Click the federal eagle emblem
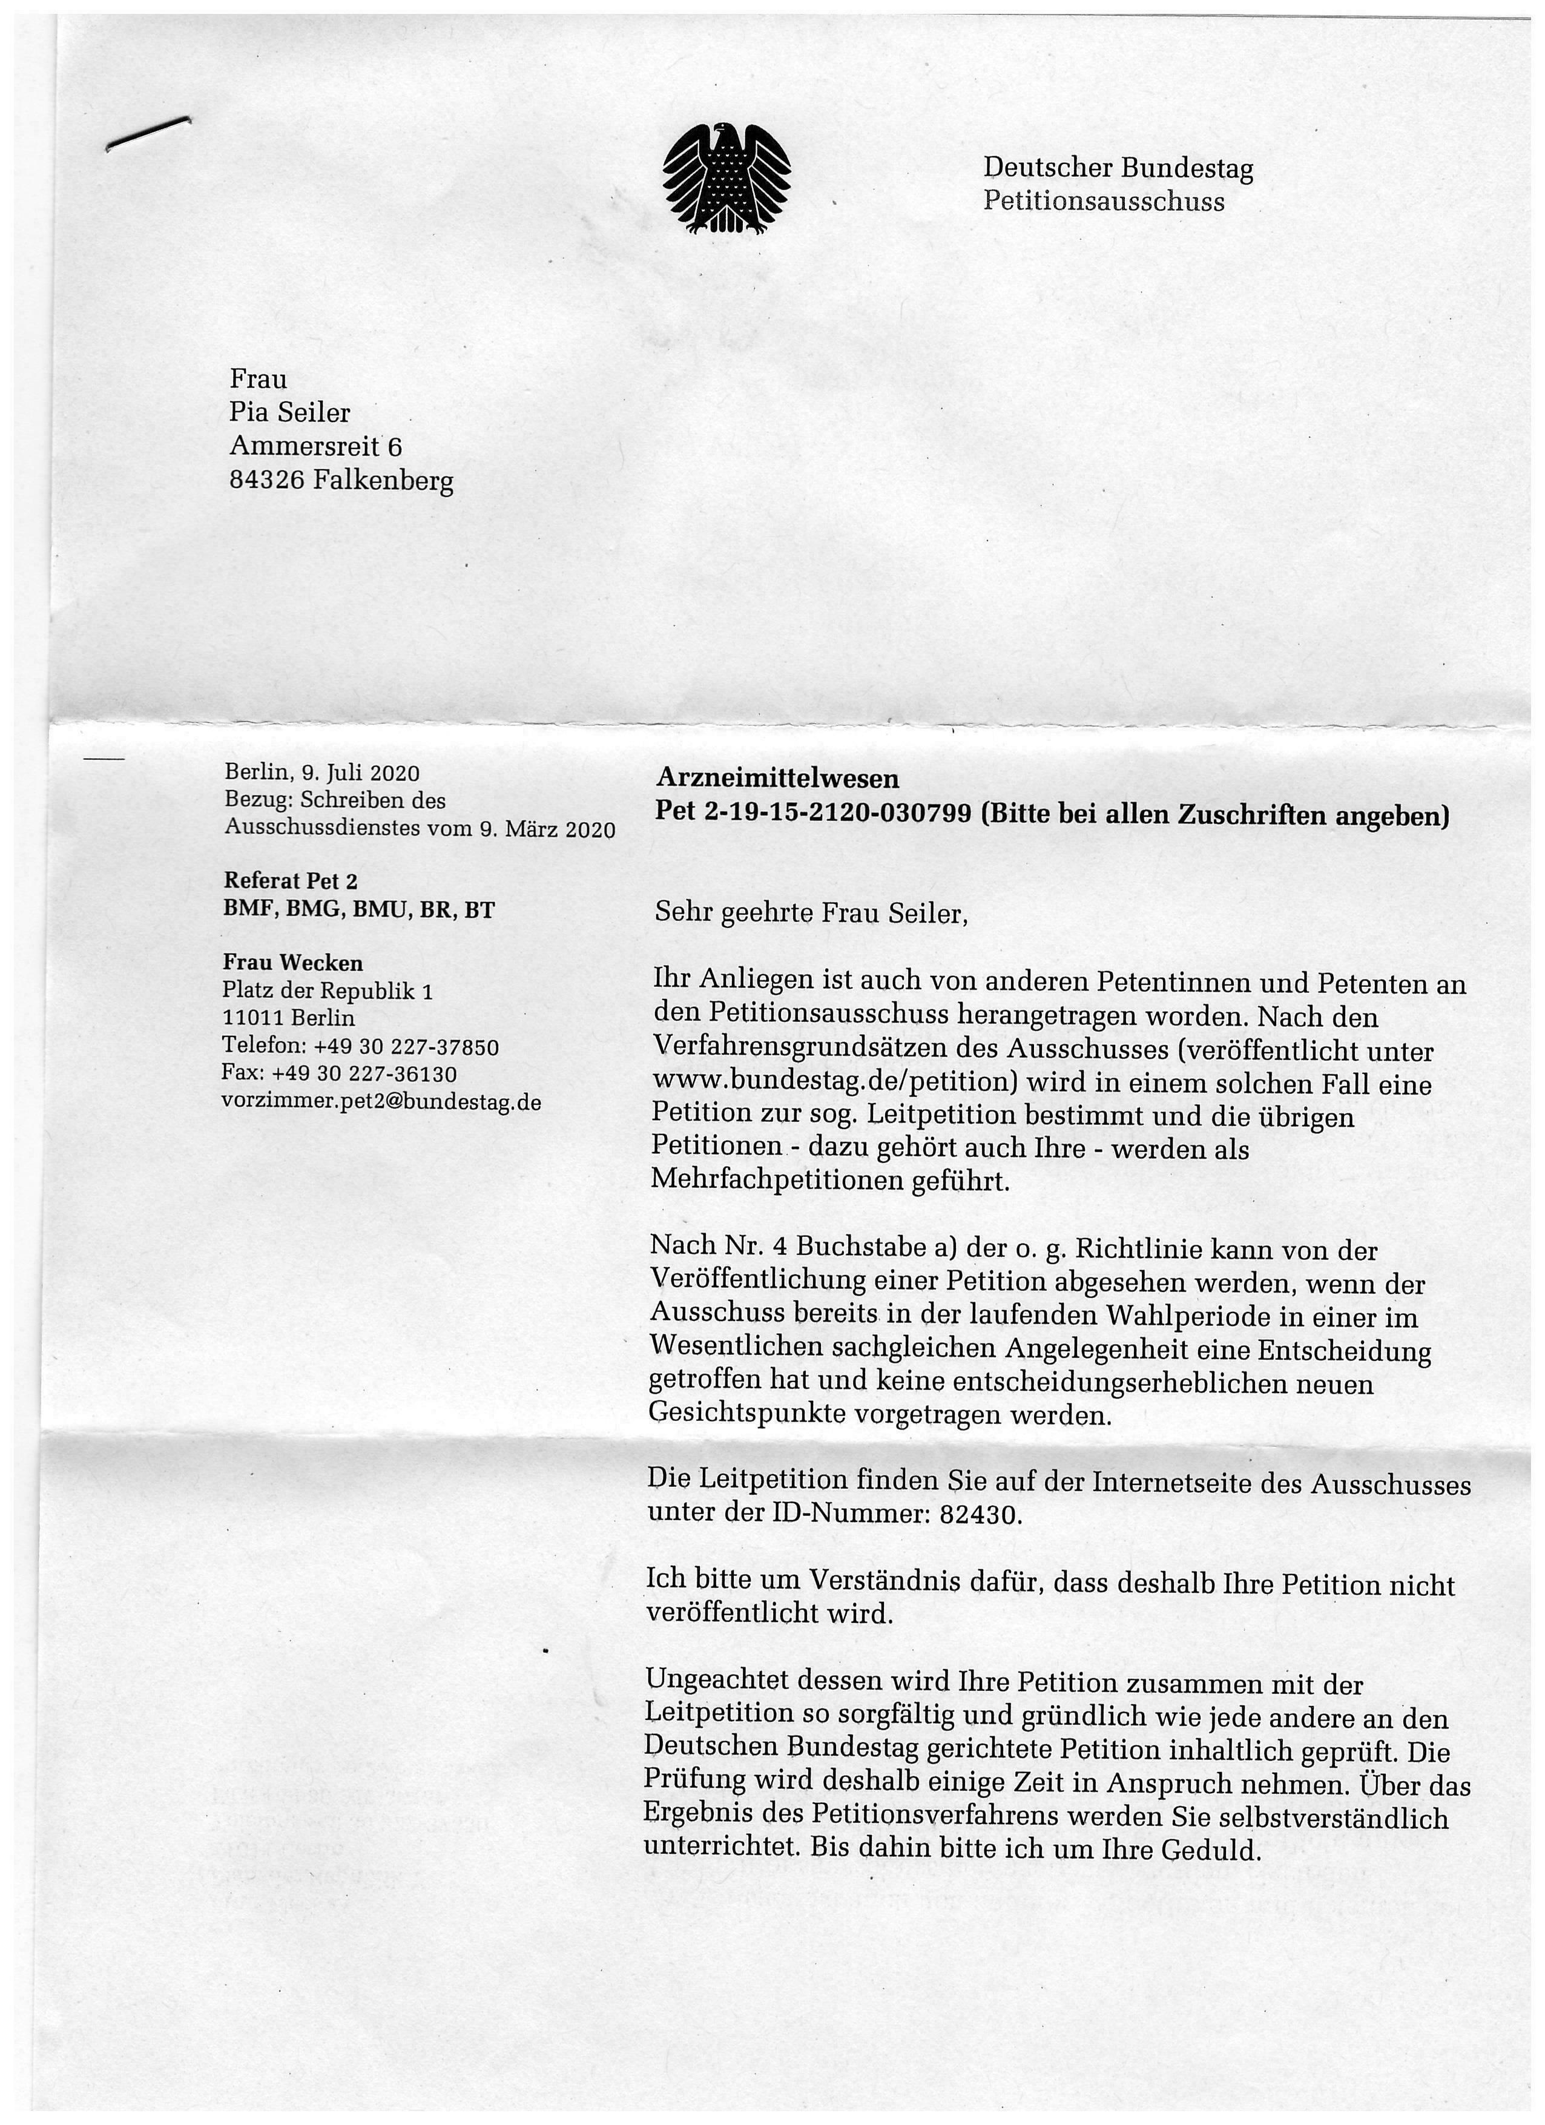(x=726, y=179)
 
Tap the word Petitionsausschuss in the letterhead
(x=1103, y=202)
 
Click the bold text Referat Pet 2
(x=291, y=881)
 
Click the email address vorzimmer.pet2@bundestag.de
(x=381, y=1102)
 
